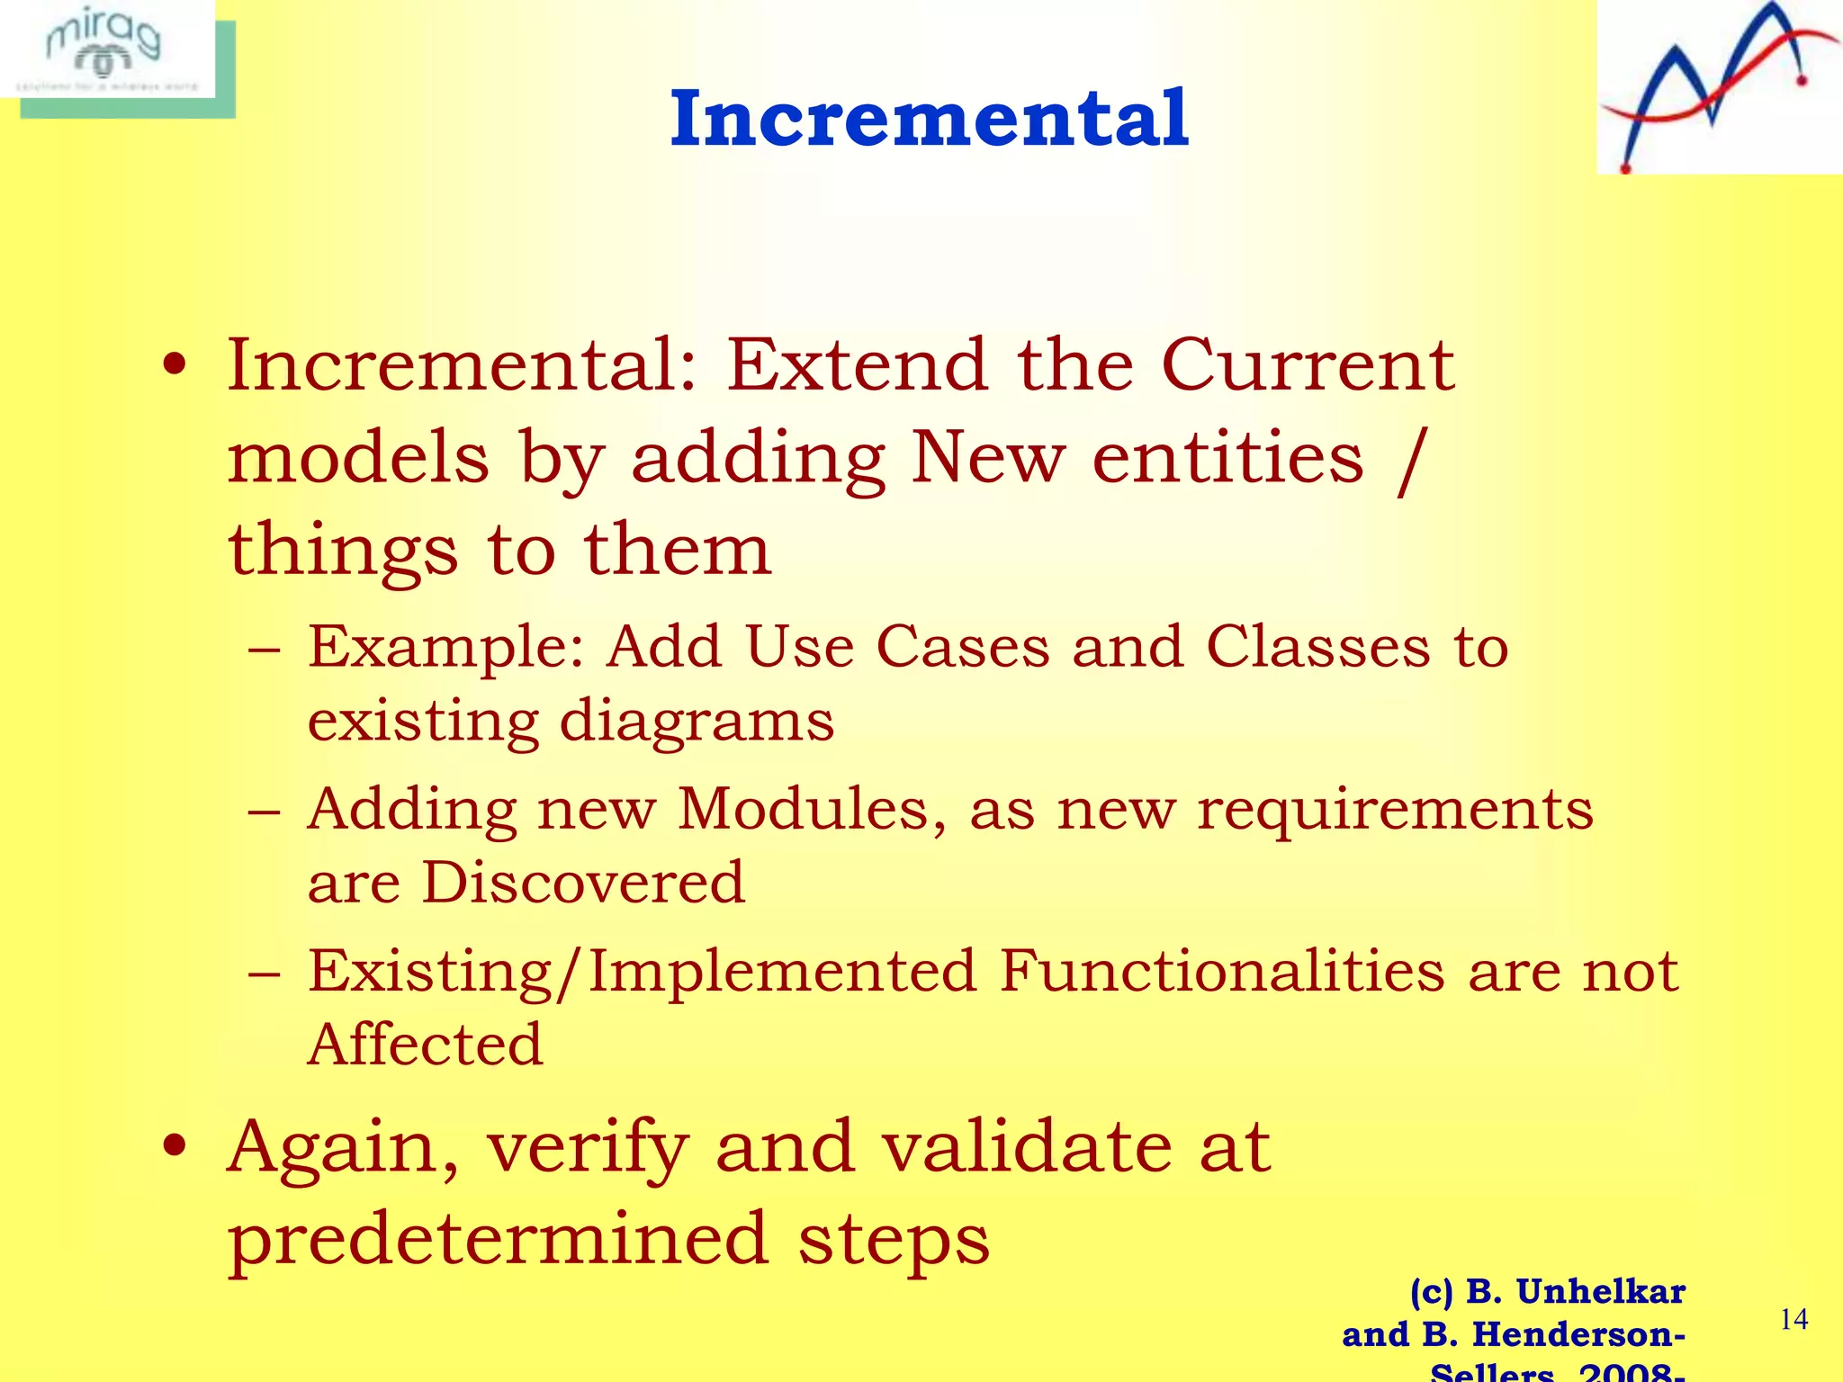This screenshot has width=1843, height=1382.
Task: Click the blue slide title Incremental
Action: [930, 119]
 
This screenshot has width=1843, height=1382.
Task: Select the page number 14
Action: [1794, 1319]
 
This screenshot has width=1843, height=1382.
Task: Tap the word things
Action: [343, 551]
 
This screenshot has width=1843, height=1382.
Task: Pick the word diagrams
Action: [697, 722]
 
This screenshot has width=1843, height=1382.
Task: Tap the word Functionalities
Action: [1222, 971]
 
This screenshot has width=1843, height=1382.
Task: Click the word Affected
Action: [425, 1045]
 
